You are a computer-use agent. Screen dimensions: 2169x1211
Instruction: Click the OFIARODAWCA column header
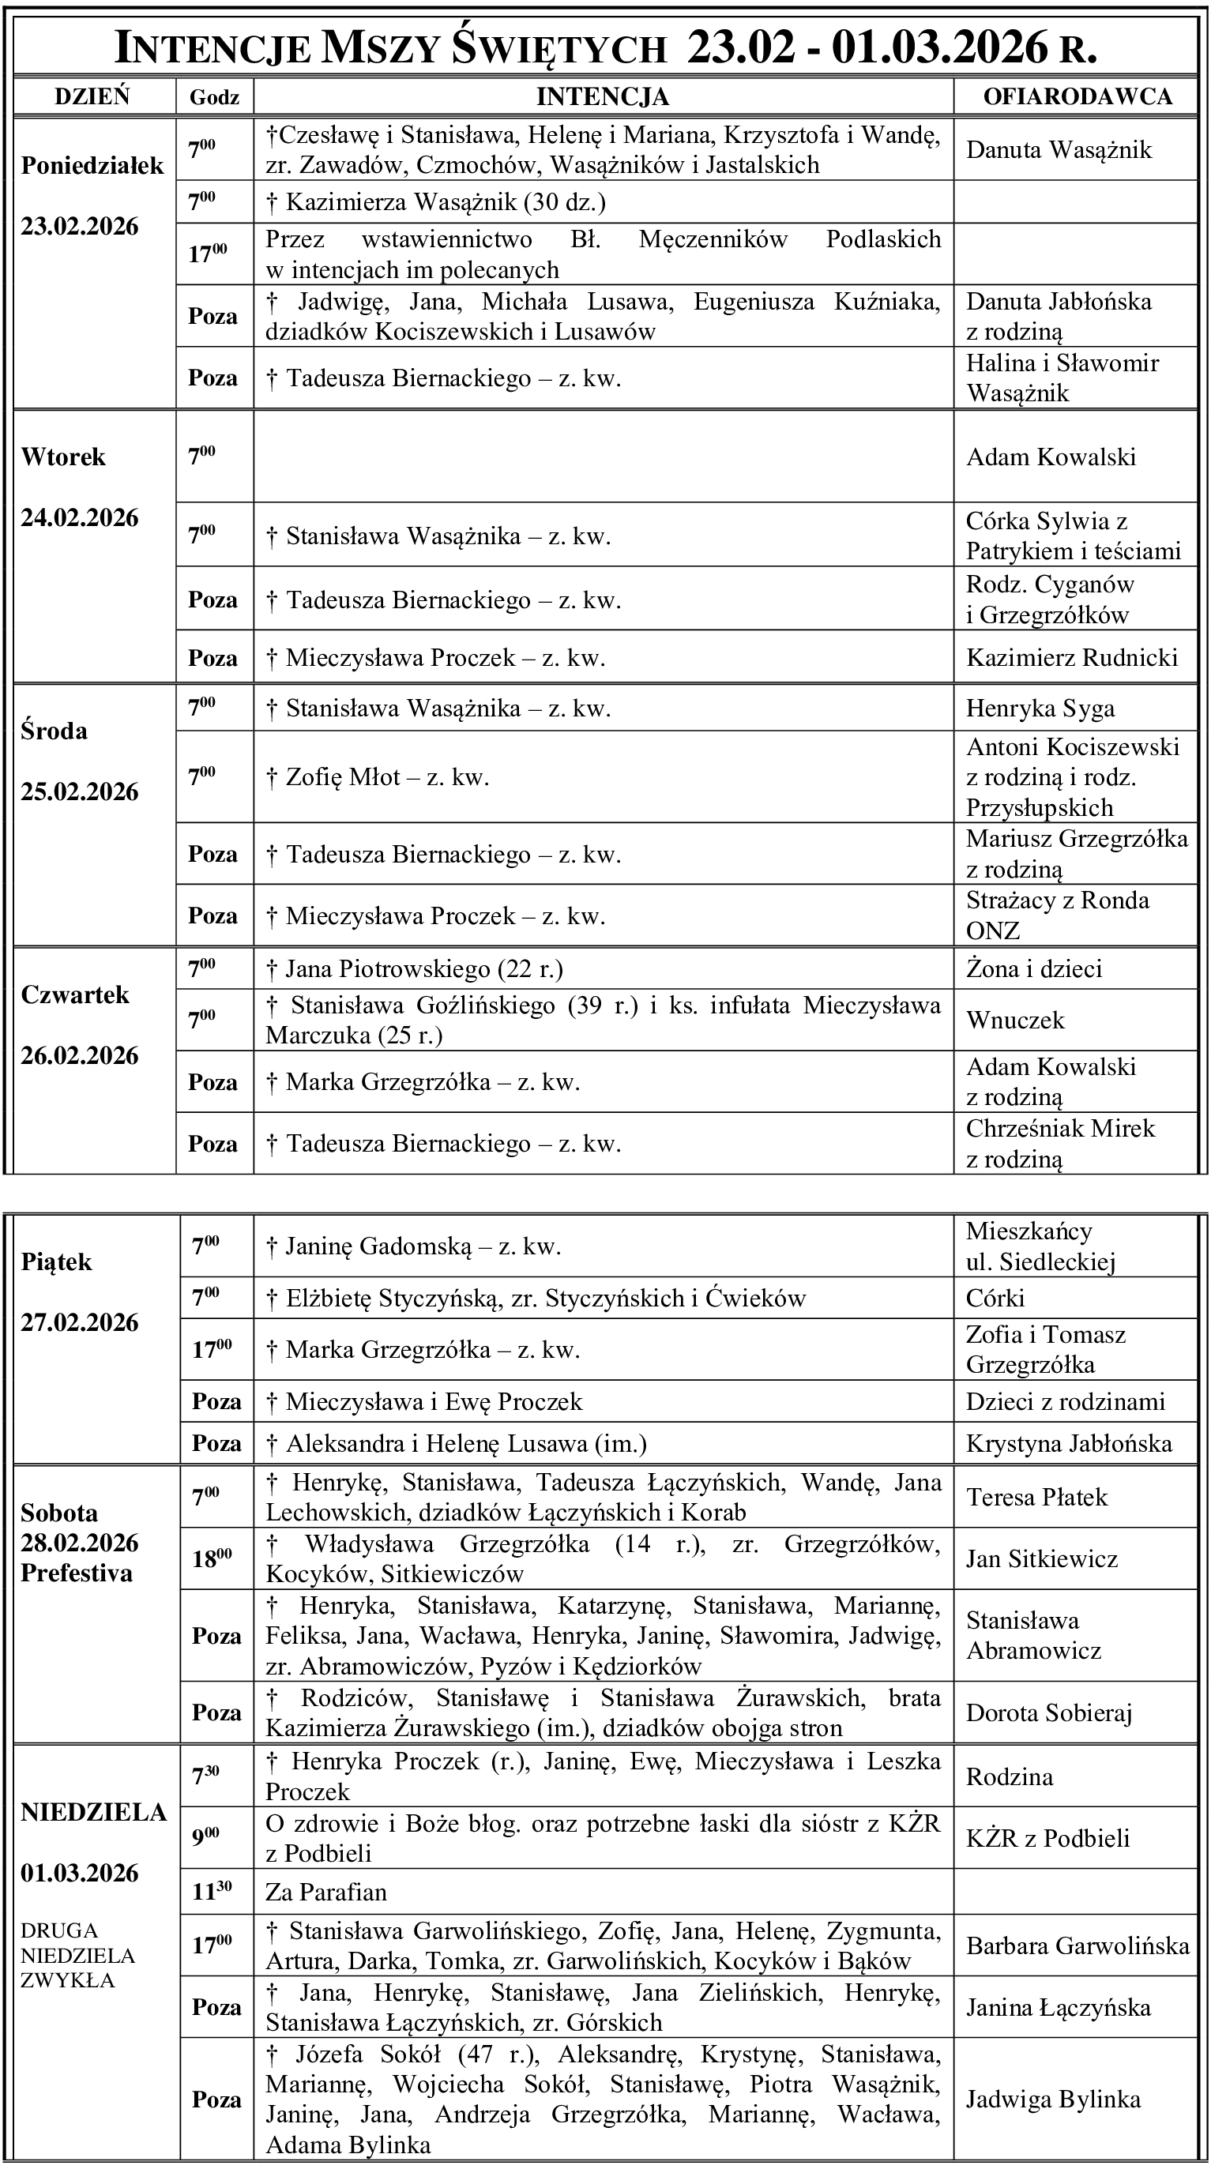(x=1077, y=97)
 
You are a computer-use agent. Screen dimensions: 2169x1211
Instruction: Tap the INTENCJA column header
(x=602, y=97)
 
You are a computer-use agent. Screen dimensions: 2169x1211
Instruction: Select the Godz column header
(x=214, y=98)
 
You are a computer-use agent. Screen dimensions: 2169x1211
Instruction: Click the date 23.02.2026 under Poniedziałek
(x=80, y=227)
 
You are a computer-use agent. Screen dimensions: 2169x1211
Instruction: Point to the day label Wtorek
(x=63, y=457)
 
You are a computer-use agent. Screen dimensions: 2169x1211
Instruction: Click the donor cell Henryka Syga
(x=1040, y=709)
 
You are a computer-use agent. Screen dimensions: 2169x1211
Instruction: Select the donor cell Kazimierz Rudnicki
(x=1071, y=658)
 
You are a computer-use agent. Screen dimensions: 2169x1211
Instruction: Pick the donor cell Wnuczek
(x=1015, y=1021)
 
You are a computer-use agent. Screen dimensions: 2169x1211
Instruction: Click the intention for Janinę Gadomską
(x=413, y=1246)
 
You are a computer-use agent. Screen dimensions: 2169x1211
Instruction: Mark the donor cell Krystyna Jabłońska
(x=1069, y=1444)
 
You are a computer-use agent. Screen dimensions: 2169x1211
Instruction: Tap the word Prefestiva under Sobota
(x=77, y=1573)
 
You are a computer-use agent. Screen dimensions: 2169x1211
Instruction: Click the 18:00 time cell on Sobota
(x=212, y=1558)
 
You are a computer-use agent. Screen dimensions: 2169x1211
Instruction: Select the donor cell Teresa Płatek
(x=1036, y=1497)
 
